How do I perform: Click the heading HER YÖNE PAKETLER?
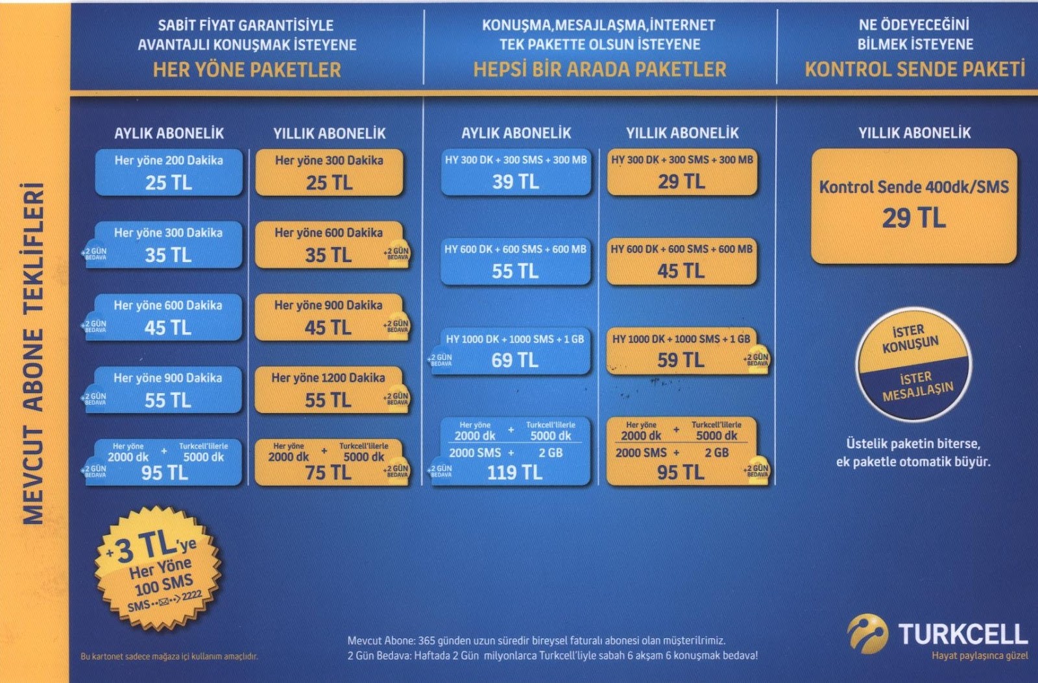(x=247, y=70)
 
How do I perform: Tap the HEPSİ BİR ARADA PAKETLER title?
(x=599, y=69)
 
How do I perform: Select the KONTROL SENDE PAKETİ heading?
(x=915, y=69)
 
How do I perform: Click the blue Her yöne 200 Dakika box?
(x=169, y=173)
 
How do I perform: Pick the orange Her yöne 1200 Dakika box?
(x=328, y=390)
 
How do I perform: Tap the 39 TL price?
(x=515, y=182)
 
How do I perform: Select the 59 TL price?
(x=681, y=361)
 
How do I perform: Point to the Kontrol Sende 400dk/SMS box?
(x=913, y=205)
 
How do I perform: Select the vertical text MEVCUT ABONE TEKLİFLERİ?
(x=34, y=353)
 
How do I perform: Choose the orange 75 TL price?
(x=328, y=473)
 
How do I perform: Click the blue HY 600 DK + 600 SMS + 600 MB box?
(x=515, y=261)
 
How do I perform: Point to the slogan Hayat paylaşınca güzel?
(x=980, y=656)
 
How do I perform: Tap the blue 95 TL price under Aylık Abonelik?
(x=165, y=473)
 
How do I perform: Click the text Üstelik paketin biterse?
(x=913, y=444)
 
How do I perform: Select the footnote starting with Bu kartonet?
(x=169, y=656)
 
